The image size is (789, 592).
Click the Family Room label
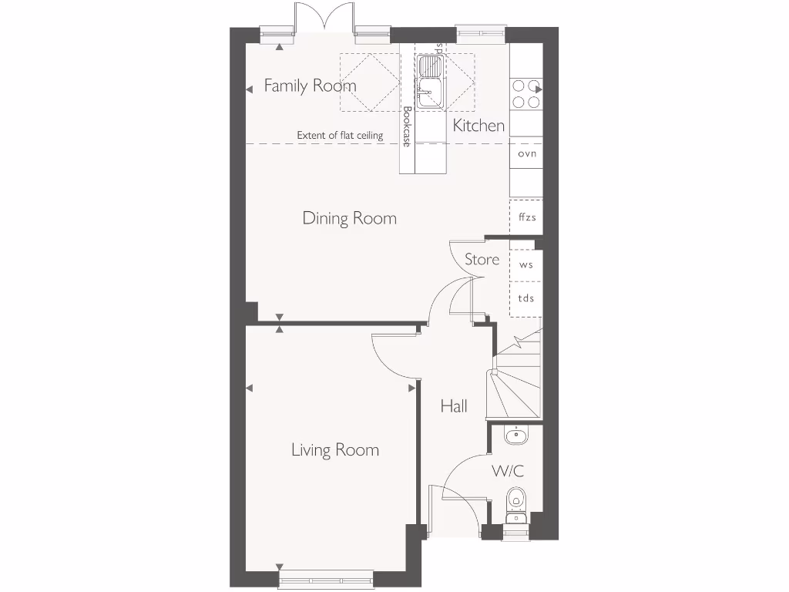click(310, 86)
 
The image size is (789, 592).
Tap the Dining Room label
click(349, 218)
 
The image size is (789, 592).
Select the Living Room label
click(334, 449)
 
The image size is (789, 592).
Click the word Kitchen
click(478, 126)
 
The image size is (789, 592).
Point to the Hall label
click(454, 406)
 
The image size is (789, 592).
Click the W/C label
click(508, 470)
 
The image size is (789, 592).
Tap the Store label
click(482, 260)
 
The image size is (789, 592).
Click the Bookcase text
click(407, 126)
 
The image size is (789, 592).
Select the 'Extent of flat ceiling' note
click(340, 136)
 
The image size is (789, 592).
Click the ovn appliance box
click(526, 153)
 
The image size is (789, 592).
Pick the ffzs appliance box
click(526, 217)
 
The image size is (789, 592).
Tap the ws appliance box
click(526, 264)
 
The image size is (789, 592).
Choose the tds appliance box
click(526, 299)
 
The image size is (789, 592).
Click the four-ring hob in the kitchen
click(526, 93)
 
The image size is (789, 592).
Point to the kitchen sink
click(429, 81)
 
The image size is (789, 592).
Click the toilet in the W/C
click(515, 498)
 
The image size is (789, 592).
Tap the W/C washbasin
click(516, 437)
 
